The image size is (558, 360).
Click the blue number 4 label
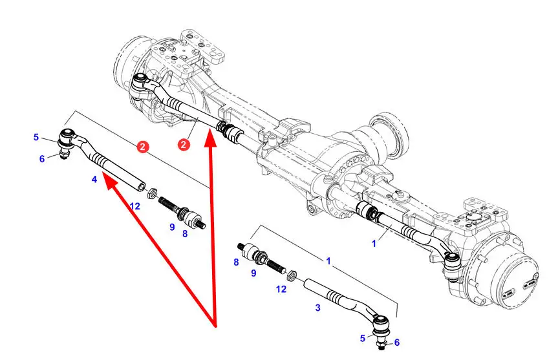(94, 179)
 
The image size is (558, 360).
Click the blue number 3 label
(317, 308)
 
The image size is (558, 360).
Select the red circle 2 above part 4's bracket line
(143, 148)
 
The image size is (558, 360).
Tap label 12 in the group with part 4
(134, 206)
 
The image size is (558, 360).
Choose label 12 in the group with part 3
(281, 289)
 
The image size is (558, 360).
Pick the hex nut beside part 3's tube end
(292, 275)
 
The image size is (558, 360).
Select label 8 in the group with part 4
(185, 233)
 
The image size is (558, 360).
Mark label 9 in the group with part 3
(253, 273)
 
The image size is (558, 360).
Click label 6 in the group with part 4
(42, 159)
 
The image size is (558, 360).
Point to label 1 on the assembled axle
(373, 244)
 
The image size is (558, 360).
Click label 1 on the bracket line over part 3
(328, 261)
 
